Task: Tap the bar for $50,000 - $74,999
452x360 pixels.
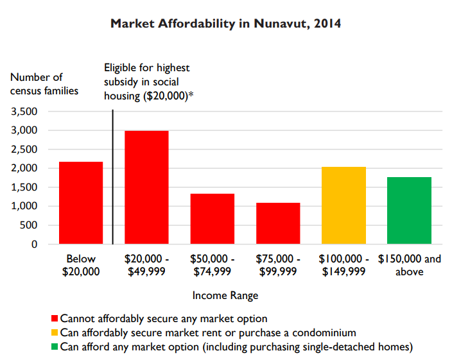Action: tap(213, 219)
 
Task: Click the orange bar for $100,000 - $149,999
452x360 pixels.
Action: tap(343, 205)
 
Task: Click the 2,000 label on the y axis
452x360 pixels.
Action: tap(26, 168)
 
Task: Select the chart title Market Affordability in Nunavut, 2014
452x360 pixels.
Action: tap(225, 24)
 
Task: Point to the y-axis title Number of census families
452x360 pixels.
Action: tap(44, 83)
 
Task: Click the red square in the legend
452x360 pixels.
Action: tap(55, 318)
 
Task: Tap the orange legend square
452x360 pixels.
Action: tap(55, 332)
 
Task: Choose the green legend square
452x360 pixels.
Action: tap(55, 347)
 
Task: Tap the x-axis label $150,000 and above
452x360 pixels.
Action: tap(410, 265)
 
